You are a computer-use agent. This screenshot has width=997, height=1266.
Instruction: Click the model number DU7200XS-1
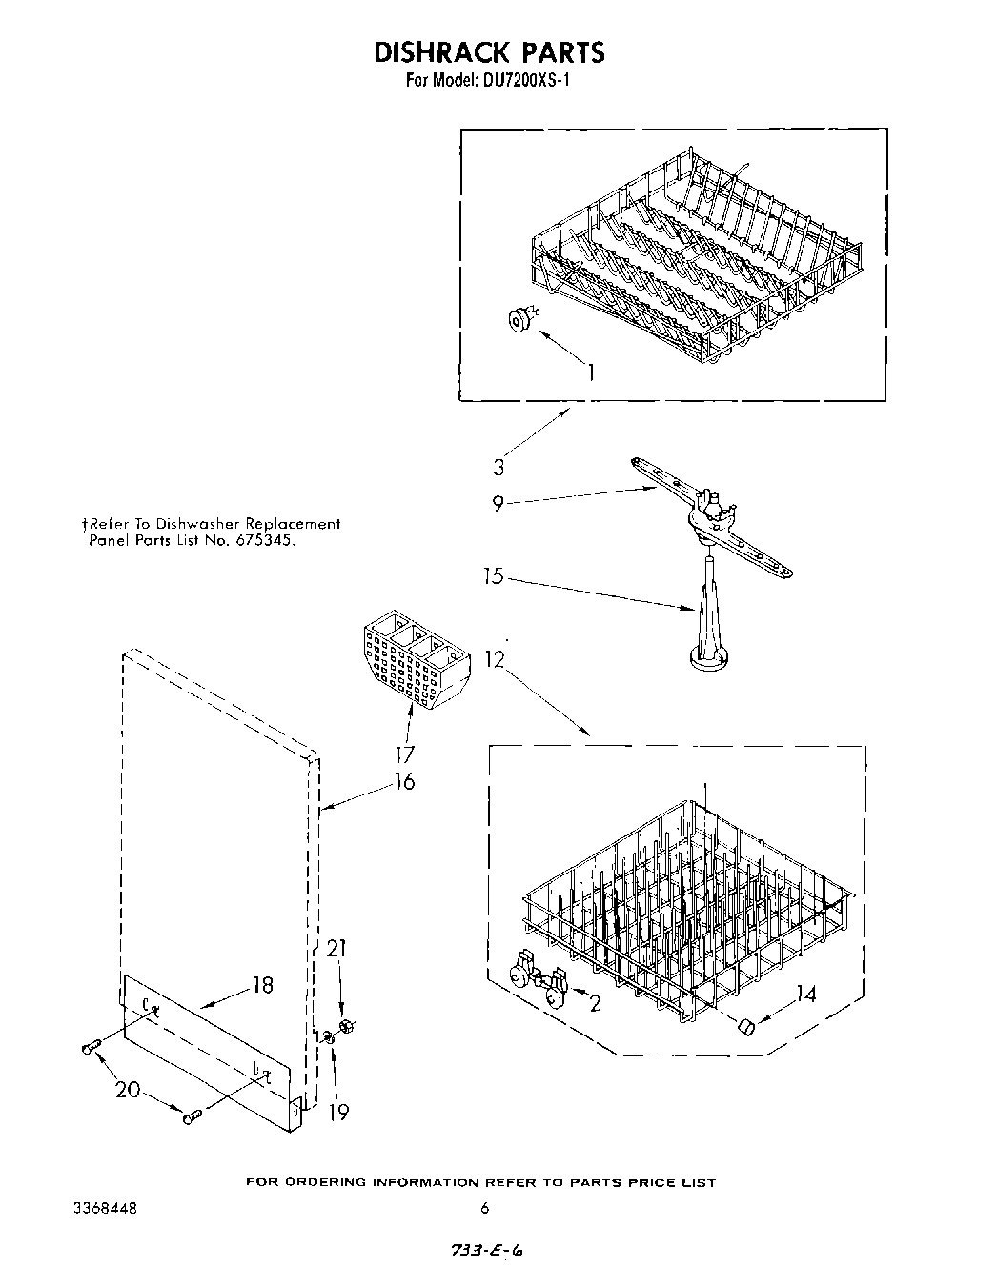click(x=522, y=82)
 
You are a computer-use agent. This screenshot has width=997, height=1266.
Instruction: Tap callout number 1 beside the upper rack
click(x=591, y=372)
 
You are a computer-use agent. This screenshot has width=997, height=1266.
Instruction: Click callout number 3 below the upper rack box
click(x=498, y=467)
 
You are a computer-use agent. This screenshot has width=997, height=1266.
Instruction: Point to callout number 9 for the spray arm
click(x=498, y=505)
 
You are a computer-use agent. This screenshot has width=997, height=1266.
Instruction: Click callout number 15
click(x=493, y=576)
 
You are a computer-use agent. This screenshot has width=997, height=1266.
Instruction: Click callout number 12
click(x=493, y=658)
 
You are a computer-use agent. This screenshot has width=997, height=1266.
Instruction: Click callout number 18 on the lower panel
click(x=262, y=986)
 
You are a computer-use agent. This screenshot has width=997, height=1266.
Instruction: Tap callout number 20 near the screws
click(x=129, y=1091)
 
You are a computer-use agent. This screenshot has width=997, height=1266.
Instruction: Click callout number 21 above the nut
click(x=336, y=949)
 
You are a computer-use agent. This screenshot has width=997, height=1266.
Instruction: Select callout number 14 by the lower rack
click(x=805, y=995)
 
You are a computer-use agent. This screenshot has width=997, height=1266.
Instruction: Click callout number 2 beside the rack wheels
click(x=595, y=1003)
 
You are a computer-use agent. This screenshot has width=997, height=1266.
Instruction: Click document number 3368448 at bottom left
click(x=105, y=1208)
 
